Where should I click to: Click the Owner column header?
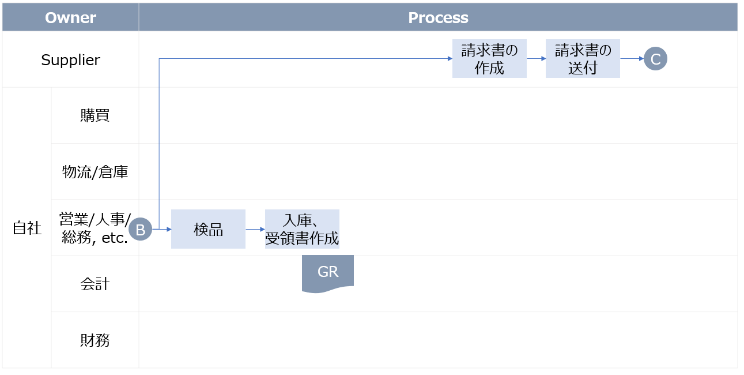pos(70,17)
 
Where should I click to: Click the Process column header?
pos(438,17)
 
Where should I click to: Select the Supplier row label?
pos(70,60)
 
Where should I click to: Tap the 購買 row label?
pos(95,116)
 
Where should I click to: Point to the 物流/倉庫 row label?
pos(95,172)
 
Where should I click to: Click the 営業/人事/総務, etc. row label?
pos(95,228)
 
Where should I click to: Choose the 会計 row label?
pos(95,284)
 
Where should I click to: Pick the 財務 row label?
pos(95,340)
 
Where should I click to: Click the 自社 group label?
pos(27,228)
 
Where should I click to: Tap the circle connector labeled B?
pos(140,230)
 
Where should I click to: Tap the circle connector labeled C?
pos(655,59)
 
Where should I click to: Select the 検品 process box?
pos(208,229)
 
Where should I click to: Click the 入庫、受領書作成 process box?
pos(302,229)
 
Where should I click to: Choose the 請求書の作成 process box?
pos(489,59)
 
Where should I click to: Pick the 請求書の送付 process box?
pos(583,59)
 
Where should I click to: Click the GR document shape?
pos(327,272)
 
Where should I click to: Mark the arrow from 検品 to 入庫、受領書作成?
pos(255,229)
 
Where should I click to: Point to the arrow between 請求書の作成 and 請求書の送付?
pos(536,59)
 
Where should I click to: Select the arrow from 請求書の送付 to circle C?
pos(632,59)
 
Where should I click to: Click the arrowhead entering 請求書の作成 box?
pos(449,59)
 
